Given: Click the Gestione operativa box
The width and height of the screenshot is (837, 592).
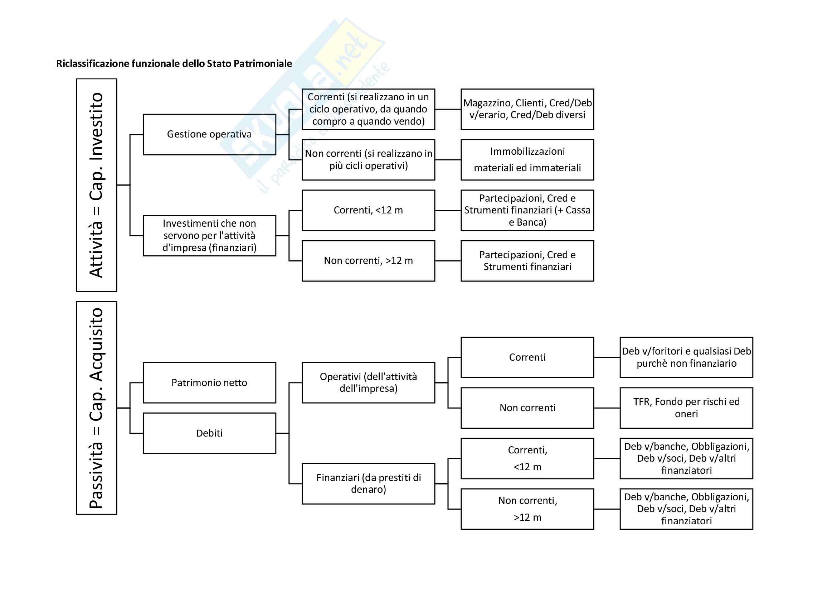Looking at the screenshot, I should (x=209, y=134).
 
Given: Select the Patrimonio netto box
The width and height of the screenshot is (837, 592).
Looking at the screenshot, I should (x=209, y=382).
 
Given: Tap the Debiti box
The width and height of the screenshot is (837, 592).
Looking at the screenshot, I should (x=209, y=433).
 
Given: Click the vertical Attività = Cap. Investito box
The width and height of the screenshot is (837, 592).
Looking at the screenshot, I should (x=96, y=185).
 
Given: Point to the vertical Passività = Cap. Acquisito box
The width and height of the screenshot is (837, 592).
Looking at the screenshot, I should (x=96, y=408).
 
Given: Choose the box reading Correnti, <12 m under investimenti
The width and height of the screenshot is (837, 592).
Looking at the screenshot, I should (x=368, y=210).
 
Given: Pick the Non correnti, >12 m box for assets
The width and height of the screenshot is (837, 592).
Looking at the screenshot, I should (x=368, y=261).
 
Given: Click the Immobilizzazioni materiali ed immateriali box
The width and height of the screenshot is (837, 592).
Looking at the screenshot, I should (x=527, y=160).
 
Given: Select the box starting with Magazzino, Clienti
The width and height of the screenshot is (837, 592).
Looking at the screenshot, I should (x=527, y=109).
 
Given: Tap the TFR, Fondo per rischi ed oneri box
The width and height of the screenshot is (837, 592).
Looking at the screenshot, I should (x=686, y=408).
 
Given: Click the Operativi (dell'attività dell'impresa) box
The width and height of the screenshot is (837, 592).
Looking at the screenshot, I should (x=368, y=382).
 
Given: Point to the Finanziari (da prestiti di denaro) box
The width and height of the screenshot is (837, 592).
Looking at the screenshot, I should (x=368, y=484).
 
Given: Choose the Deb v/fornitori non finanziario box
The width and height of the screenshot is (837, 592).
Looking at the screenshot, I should (x=686, y=357).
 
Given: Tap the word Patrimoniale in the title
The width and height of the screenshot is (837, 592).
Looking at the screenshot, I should (x=262, y=64).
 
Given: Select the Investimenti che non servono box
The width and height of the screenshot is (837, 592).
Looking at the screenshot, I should (x=209, y=236).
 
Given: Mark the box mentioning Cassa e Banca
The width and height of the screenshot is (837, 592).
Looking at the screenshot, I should (x=527, y=210).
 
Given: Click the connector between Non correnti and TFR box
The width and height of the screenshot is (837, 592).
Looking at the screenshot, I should (x=607, y=408).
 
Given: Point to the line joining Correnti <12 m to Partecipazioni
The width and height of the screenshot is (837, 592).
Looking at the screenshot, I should (x=448, y=210).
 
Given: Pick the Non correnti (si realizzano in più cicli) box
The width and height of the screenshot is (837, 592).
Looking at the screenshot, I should (x=368, y=160).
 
